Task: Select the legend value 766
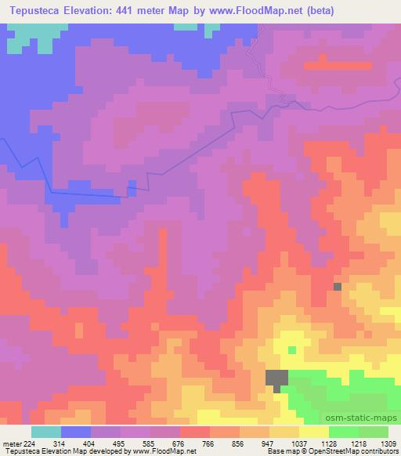pyautogui.click(x=209, y=442)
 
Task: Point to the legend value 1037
pyautogui.click(x=298, y=442)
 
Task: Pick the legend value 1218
pyautogui.click(x=356, y=442)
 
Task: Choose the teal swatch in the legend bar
pyautogui.click(x=46, y=432)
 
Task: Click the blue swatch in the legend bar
pyautogui.click(x=76, y=432)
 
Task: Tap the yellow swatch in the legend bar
pyautogui.click(x=314, y=432)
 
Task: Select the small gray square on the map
pyautogui.click(x=338, y=287)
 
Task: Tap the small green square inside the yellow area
pyautogui.click(x=292, y=349)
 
